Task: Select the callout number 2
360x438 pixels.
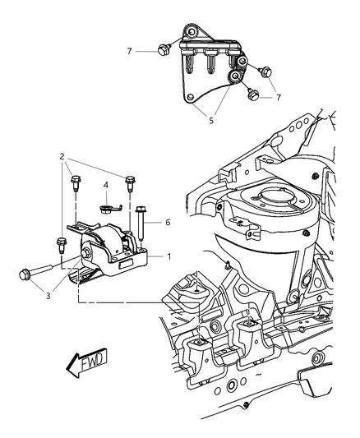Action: click(x=61, y=155)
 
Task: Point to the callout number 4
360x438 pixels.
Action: click(x=107, y=186)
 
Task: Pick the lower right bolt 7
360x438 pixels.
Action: click(x=252, y=95)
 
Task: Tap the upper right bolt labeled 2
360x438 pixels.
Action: click(x=129, y=181)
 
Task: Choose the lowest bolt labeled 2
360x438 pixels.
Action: click(x=62, y=244)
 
